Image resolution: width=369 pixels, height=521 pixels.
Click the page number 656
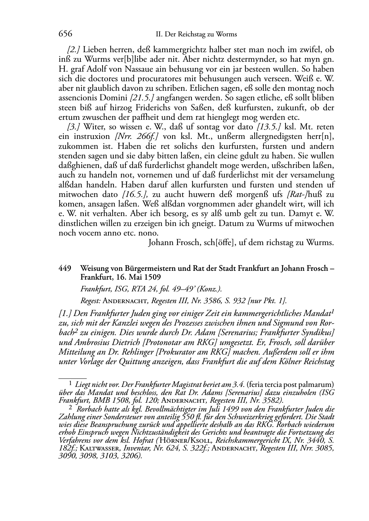(65, 34)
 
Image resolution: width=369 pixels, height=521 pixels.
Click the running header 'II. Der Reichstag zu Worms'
(196, 34)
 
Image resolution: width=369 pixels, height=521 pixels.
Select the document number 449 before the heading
(65, 268)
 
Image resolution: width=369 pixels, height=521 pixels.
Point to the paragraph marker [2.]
(74, 50)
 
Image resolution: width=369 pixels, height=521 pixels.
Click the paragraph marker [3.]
(74, 127)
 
